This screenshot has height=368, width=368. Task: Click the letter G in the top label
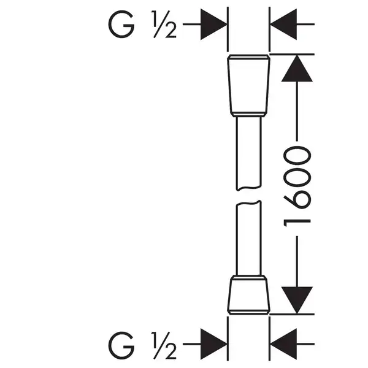pos(121,24)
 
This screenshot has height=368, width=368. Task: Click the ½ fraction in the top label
pos(164,24)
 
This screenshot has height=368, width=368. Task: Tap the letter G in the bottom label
pos(121,345)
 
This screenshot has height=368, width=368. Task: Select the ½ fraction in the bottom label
pos(164,345)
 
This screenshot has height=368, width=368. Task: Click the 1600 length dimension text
pos(297,186)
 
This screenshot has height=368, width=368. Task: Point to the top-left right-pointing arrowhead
pos(213,24)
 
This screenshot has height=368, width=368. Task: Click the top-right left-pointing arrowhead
pos(283,24)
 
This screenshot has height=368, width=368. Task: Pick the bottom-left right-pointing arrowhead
pos(213,344)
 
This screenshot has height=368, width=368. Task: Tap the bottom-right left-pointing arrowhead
pos(283,344)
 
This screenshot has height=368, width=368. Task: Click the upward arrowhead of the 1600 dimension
pos(297,68)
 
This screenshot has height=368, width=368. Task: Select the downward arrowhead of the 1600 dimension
pos(297,300)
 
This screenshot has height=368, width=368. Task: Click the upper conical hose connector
pos(249,86)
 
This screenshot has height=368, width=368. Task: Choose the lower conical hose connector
pos(249,295)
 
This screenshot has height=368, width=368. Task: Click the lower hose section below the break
pos(249,238)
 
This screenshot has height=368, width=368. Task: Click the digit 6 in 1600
pos(297,199)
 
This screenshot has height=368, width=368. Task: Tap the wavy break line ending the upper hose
pos(249,188)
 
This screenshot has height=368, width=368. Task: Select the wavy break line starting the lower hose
pos(249,203)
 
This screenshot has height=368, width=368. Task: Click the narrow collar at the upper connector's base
pos(249,114)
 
